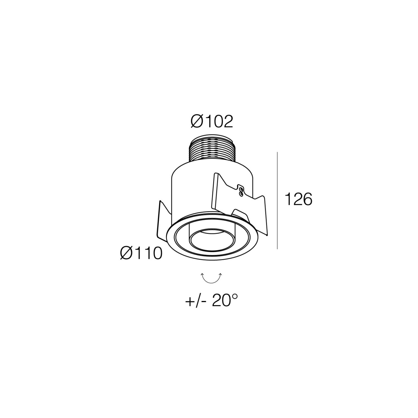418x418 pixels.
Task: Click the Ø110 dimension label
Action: point(141,253)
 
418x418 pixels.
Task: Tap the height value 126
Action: point(298,200)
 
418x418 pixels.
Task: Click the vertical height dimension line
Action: point(277,200)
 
